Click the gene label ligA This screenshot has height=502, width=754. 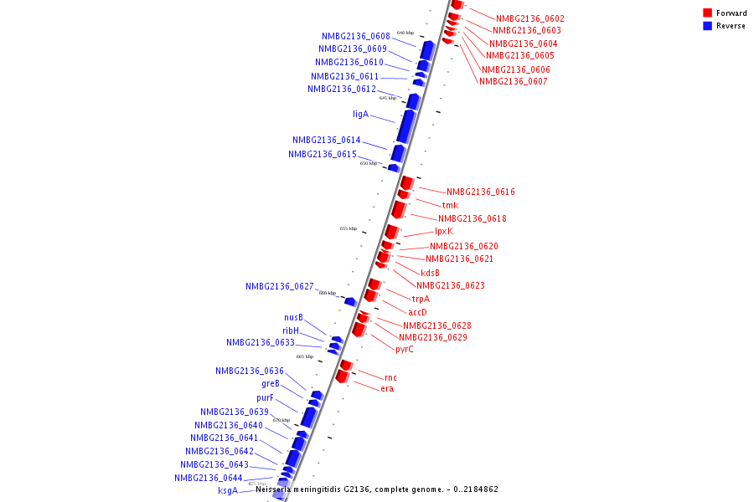360,114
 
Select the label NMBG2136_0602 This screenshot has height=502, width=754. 529,18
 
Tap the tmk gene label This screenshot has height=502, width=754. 450,205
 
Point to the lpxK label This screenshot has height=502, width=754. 443,232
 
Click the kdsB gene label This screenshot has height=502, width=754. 430,273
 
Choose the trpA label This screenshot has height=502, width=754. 421,299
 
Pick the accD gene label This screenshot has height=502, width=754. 417,312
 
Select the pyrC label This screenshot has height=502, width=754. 404,350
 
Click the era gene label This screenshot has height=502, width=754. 387,389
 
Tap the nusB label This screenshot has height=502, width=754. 293,318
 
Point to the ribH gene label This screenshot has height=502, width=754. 290,330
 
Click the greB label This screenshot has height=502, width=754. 271,384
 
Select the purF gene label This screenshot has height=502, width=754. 265,398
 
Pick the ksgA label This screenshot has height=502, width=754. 228,491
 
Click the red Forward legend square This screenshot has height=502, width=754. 707,13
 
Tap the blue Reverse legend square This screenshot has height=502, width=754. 707,26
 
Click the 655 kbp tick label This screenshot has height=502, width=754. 348,228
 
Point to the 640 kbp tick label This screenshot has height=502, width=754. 405,33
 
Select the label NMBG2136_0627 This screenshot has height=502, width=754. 279,286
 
